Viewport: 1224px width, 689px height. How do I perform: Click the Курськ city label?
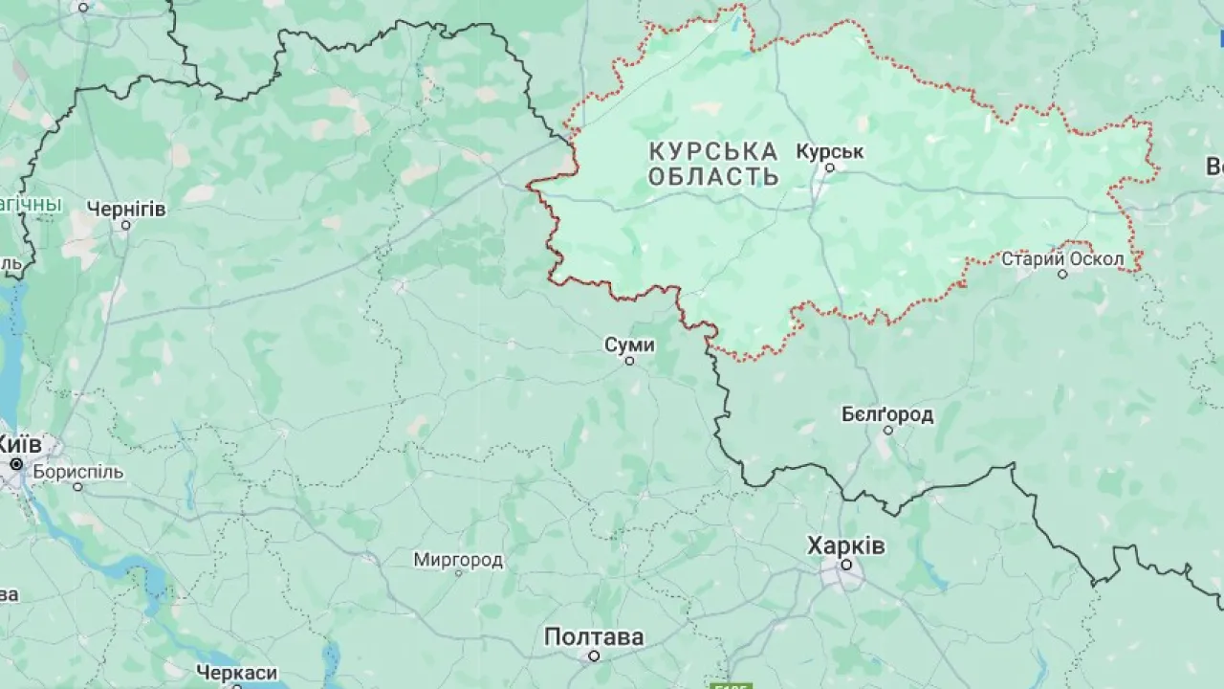coord(829,151)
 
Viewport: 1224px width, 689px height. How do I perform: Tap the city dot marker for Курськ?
coord(830,167)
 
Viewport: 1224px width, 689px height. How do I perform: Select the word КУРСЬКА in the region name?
coord(712,151)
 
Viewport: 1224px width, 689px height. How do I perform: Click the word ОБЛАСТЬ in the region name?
coord(712,177)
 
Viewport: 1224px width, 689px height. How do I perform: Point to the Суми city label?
coord(629,344)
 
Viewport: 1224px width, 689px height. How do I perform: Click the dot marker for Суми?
coord(629,361)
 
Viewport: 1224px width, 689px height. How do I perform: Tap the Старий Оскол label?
coord(1062,258)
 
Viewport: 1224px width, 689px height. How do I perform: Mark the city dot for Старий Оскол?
coord(1062,275)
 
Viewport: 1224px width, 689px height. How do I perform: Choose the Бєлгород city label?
coord(887,414)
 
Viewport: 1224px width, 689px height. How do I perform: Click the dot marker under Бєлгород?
coord(887,431)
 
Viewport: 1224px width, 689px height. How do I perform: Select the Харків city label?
coord(846,546)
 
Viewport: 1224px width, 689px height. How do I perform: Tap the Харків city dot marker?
coord(846,565)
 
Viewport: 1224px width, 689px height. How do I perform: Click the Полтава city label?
coord(594,637)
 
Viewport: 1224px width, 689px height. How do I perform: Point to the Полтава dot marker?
coord(594,656)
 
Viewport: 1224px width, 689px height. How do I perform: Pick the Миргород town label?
coord(458,560)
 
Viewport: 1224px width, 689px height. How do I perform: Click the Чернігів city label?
coord(125,209)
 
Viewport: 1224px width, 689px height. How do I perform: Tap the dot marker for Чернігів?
coord(125,226)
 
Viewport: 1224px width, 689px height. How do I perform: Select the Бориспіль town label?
coord(78,472)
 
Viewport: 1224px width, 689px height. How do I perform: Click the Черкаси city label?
coord(236,673)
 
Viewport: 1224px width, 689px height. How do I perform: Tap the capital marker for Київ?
coord(16,464)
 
